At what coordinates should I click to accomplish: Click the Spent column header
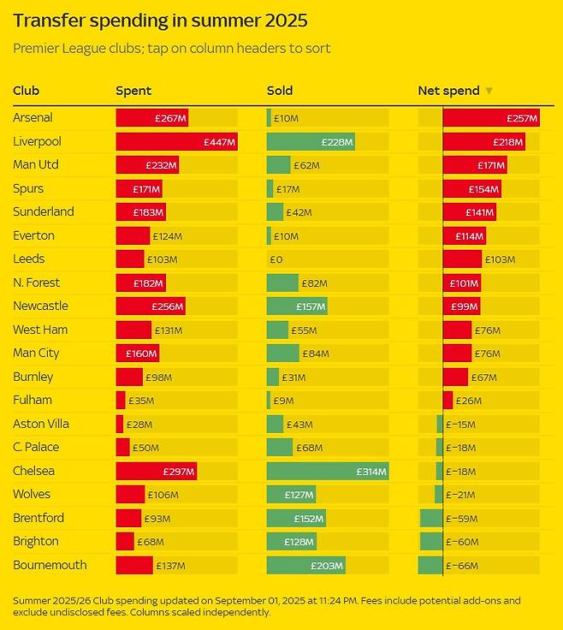coord(133,91)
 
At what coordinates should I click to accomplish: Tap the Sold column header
coord(280,91)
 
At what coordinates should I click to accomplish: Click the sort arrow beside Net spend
coord(489,91)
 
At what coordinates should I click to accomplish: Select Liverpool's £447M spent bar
coord(176,142)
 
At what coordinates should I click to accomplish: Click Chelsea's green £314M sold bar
coord(328,471)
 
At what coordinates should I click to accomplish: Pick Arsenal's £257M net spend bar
coord(491,118)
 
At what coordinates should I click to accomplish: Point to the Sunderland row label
coord(44,212)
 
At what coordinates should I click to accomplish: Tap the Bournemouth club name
coord(50,565)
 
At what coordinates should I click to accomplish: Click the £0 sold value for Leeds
coord(276,259)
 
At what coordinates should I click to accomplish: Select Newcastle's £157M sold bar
coord(297,306)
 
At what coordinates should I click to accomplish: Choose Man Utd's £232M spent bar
coord(147,165)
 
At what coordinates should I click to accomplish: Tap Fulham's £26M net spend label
coord(468,401)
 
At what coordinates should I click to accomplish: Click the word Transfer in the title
coord(49,20)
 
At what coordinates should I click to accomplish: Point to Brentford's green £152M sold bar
coord(296,518)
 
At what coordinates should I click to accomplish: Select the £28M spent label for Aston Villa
coord(139,424)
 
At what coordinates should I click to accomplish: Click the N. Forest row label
coord(37,282)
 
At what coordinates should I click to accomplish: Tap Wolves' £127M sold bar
coord(291,495)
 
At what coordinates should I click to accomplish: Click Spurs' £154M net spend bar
coord(471,189)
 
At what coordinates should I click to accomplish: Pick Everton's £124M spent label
coord(167,236)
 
